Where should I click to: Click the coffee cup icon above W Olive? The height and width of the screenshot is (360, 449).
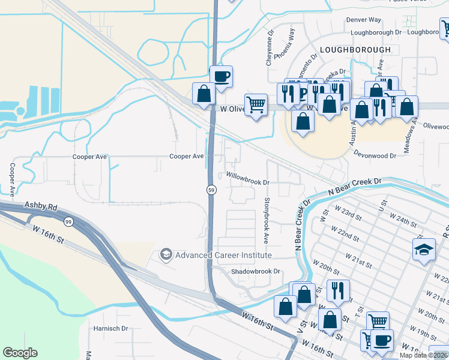coord(221,77)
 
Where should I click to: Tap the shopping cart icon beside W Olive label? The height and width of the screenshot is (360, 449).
coord(256,104)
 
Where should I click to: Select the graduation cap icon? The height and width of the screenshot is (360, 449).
coord(424,249)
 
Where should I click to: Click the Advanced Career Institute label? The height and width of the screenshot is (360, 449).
coord(223,255)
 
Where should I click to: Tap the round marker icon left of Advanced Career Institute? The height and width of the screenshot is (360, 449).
coord(166,255)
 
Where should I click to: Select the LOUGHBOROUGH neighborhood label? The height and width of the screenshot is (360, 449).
coord(355,49)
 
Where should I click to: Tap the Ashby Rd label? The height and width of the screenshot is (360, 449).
coord(40,206)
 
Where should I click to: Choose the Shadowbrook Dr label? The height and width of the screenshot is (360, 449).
coord(256,271)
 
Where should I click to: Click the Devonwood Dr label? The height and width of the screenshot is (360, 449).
coord(375,155)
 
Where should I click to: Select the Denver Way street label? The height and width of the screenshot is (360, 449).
coord(364,20)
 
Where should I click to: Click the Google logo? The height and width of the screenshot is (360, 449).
coord(20,352)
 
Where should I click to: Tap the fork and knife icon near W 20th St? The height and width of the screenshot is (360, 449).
coord(338,290)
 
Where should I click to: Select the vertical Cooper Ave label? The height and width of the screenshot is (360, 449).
coord(11,179)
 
